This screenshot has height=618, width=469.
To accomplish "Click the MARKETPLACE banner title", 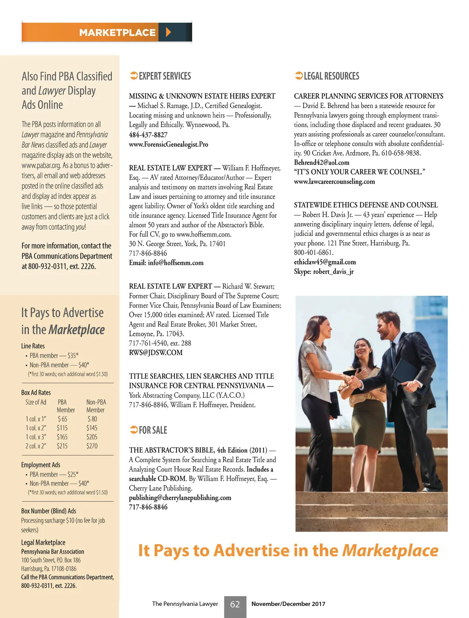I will pos(117,32).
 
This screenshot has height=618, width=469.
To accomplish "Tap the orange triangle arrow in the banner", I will pos(168,32).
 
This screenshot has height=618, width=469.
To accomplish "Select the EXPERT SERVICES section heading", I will pos(165,76).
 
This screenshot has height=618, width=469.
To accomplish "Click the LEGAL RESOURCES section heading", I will pos(331,76).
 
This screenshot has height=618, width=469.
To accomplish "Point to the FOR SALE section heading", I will pos(153,430).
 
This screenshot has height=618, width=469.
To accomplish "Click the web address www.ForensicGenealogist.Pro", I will pos(168,145).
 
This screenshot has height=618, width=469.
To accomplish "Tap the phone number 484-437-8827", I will pos(148,135).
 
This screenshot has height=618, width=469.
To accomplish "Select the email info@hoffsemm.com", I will pos(175,263).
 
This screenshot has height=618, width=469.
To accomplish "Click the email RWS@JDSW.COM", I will pos(156,353).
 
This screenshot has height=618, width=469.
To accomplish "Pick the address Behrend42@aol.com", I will pos(321,163).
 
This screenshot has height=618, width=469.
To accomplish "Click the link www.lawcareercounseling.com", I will pos(334,182).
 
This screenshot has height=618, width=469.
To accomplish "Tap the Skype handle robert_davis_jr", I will pos(333,271).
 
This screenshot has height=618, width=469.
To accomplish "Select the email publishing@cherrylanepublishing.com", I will pos(180,498).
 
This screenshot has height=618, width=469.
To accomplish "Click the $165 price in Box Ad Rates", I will pos(62,437).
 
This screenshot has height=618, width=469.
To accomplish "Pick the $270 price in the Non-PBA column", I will pos(92,446).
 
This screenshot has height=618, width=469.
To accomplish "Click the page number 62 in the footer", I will pos(235,604).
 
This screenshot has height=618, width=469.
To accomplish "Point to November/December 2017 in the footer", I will pos(288,604).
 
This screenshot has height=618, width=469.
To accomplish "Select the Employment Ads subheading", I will pos(41,465).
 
